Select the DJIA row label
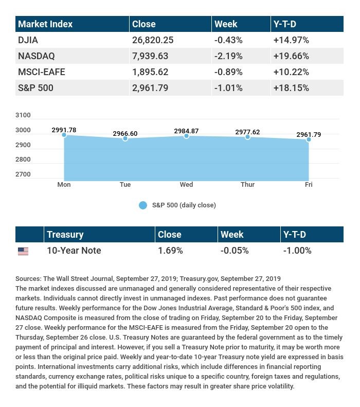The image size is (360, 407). pyautogui.click(x=28, y=40)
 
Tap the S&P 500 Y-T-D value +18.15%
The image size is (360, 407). pyautogui.click(x=291, y=88)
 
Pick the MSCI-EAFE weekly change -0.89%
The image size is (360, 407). pyautogui.click(x=228, y=72)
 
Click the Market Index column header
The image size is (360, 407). pyautogui.click(x=45, y=24)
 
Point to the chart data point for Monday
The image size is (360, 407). pyautogui.click(x=64, y=135)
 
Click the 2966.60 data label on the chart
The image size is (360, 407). pyautogui.click(x=125, y=134)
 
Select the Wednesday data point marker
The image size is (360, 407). pyautogui.click(x=186, y=136)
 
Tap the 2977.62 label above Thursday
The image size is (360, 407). pyautogui.click(x=247, y=132)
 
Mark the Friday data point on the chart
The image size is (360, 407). pyautogui.click(x=309, y=139)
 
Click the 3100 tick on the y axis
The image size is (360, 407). pyautogui.click(x=24, y=115)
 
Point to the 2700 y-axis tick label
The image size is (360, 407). pyautogui.click(x=24, y=174)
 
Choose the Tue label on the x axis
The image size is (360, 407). pyautogui.click(x=125, y=185)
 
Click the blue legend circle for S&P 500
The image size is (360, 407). pyautogui.click(x=143, y=205)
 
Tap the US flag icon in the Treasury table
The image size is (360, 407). pyautogui.click(x=23, y=251)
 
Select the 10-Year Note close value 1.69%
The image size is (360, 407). pyautogui.click(x=170, y=251)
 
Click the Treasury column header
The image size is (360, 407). pyautogui.click(x=65, y=235)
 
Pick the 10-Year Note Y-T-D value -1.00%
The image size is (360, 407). pyautogui.click(x=297, y=251)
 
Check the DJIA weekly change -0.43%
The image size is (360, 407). pyautogui.click(x=228, y=40)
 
